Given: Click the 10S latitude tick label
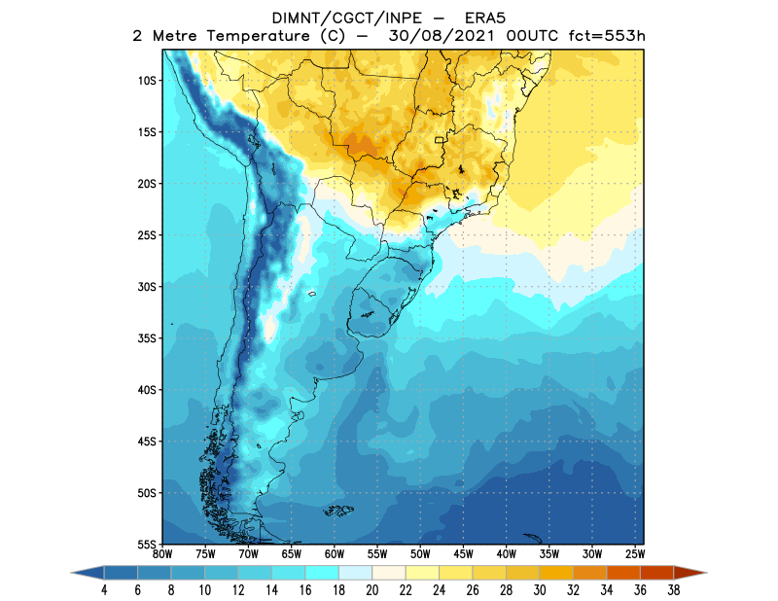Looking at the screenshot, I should [147, 81].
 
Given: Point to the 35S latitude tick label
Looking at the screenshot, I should [147, 338].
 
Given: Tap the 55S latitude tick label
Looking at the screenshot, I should [147, 545].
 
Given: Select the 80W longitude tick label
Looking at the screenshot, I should [162, 554].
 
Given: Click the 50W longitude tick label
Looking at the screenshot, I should [420, 554].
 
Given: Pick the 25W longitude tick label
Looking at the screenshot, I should [634, 554].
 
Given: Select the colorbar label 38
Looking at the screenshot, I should [673, 589].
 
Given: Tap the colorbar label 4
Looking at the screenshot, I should [104, 589].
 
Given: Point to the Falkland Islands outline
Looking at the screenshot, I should [338, 510].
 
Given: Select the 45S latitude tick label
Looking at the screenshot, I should [147, 442].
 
